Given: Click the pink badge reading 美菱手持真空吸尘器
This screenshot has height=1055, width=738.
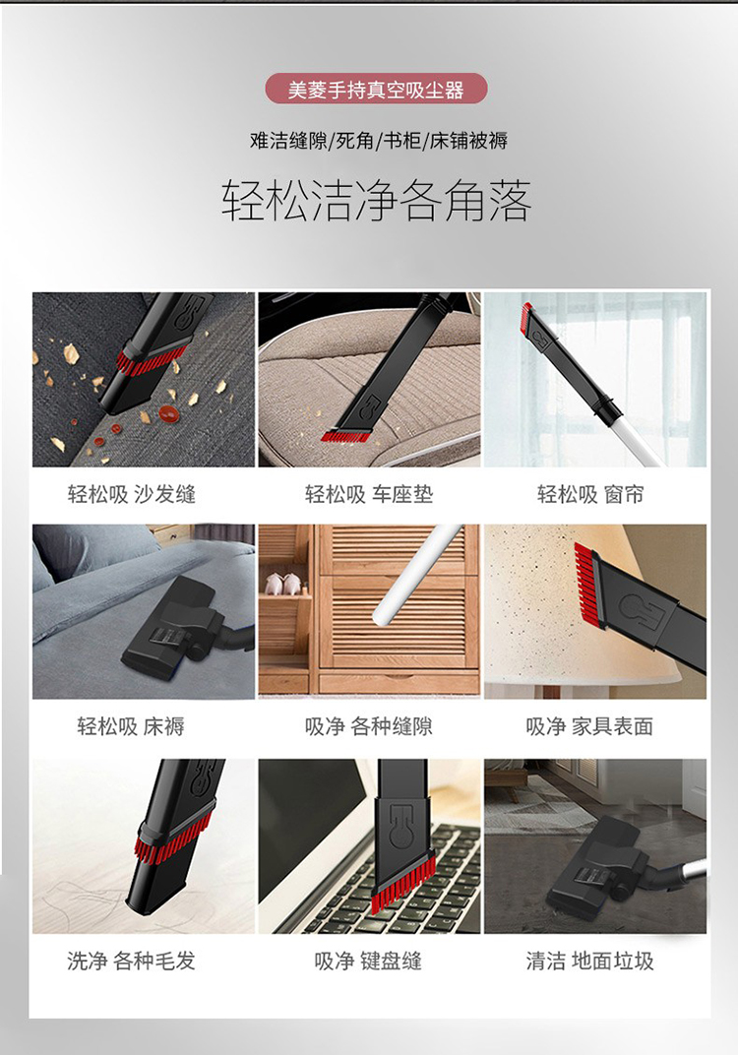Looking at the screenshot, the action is pyautogui.click(x=376, y=89).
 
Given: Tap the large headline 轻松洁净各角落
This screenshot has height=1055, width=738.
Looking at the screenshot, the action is pyautogui.click(x=377, y=201).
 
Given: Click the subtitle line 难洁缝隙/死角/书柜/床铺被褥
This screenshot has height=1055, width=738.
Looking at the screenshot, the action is pyautogui.click(x=378, y=141).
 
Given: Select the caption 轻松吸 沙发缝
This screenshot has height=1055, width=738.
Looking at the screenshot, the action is pyautogui.click(x=132, y=494).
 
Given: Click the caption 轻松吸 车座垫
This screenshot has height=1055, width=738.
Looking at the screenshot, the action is pyautogui.click(x=369, y=494).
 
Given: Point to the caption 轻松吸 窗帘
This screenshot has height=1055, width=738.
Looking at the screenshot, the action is pyautogui.click(x=590, y=494).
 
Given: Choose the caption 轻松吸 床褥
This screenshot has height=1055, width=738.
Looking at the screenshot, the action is pyautogui.click(x=131, y=726).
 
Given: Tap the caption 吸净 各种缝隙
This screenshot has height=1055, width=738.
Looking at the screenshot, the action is pyautogui.click(x=369, y=726).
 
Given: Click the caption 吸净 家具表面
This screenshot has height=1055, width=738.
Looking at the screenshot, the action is pyautogui.click(x=590, y=726).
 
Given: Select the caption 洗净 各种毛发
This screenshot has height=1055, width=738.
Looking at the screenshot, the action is pyautogui.click(x=131, y=961).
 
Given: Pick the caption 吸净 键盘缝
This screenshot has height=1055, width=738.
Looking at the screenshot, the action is pyautogui.click(x=368, y=961).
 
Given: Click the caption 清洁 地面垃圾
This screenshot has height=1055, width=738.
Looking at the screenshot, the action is pyautogui.click(x=590, y=961).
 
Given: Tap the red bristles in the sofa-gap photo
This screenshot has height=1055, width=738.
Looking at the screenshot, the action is pyautogui.click(x=151, y=360).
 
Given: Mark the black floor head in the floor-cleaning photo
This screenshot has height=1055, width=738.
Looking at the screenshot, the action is pyautogui.click(x=595, y=869).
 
